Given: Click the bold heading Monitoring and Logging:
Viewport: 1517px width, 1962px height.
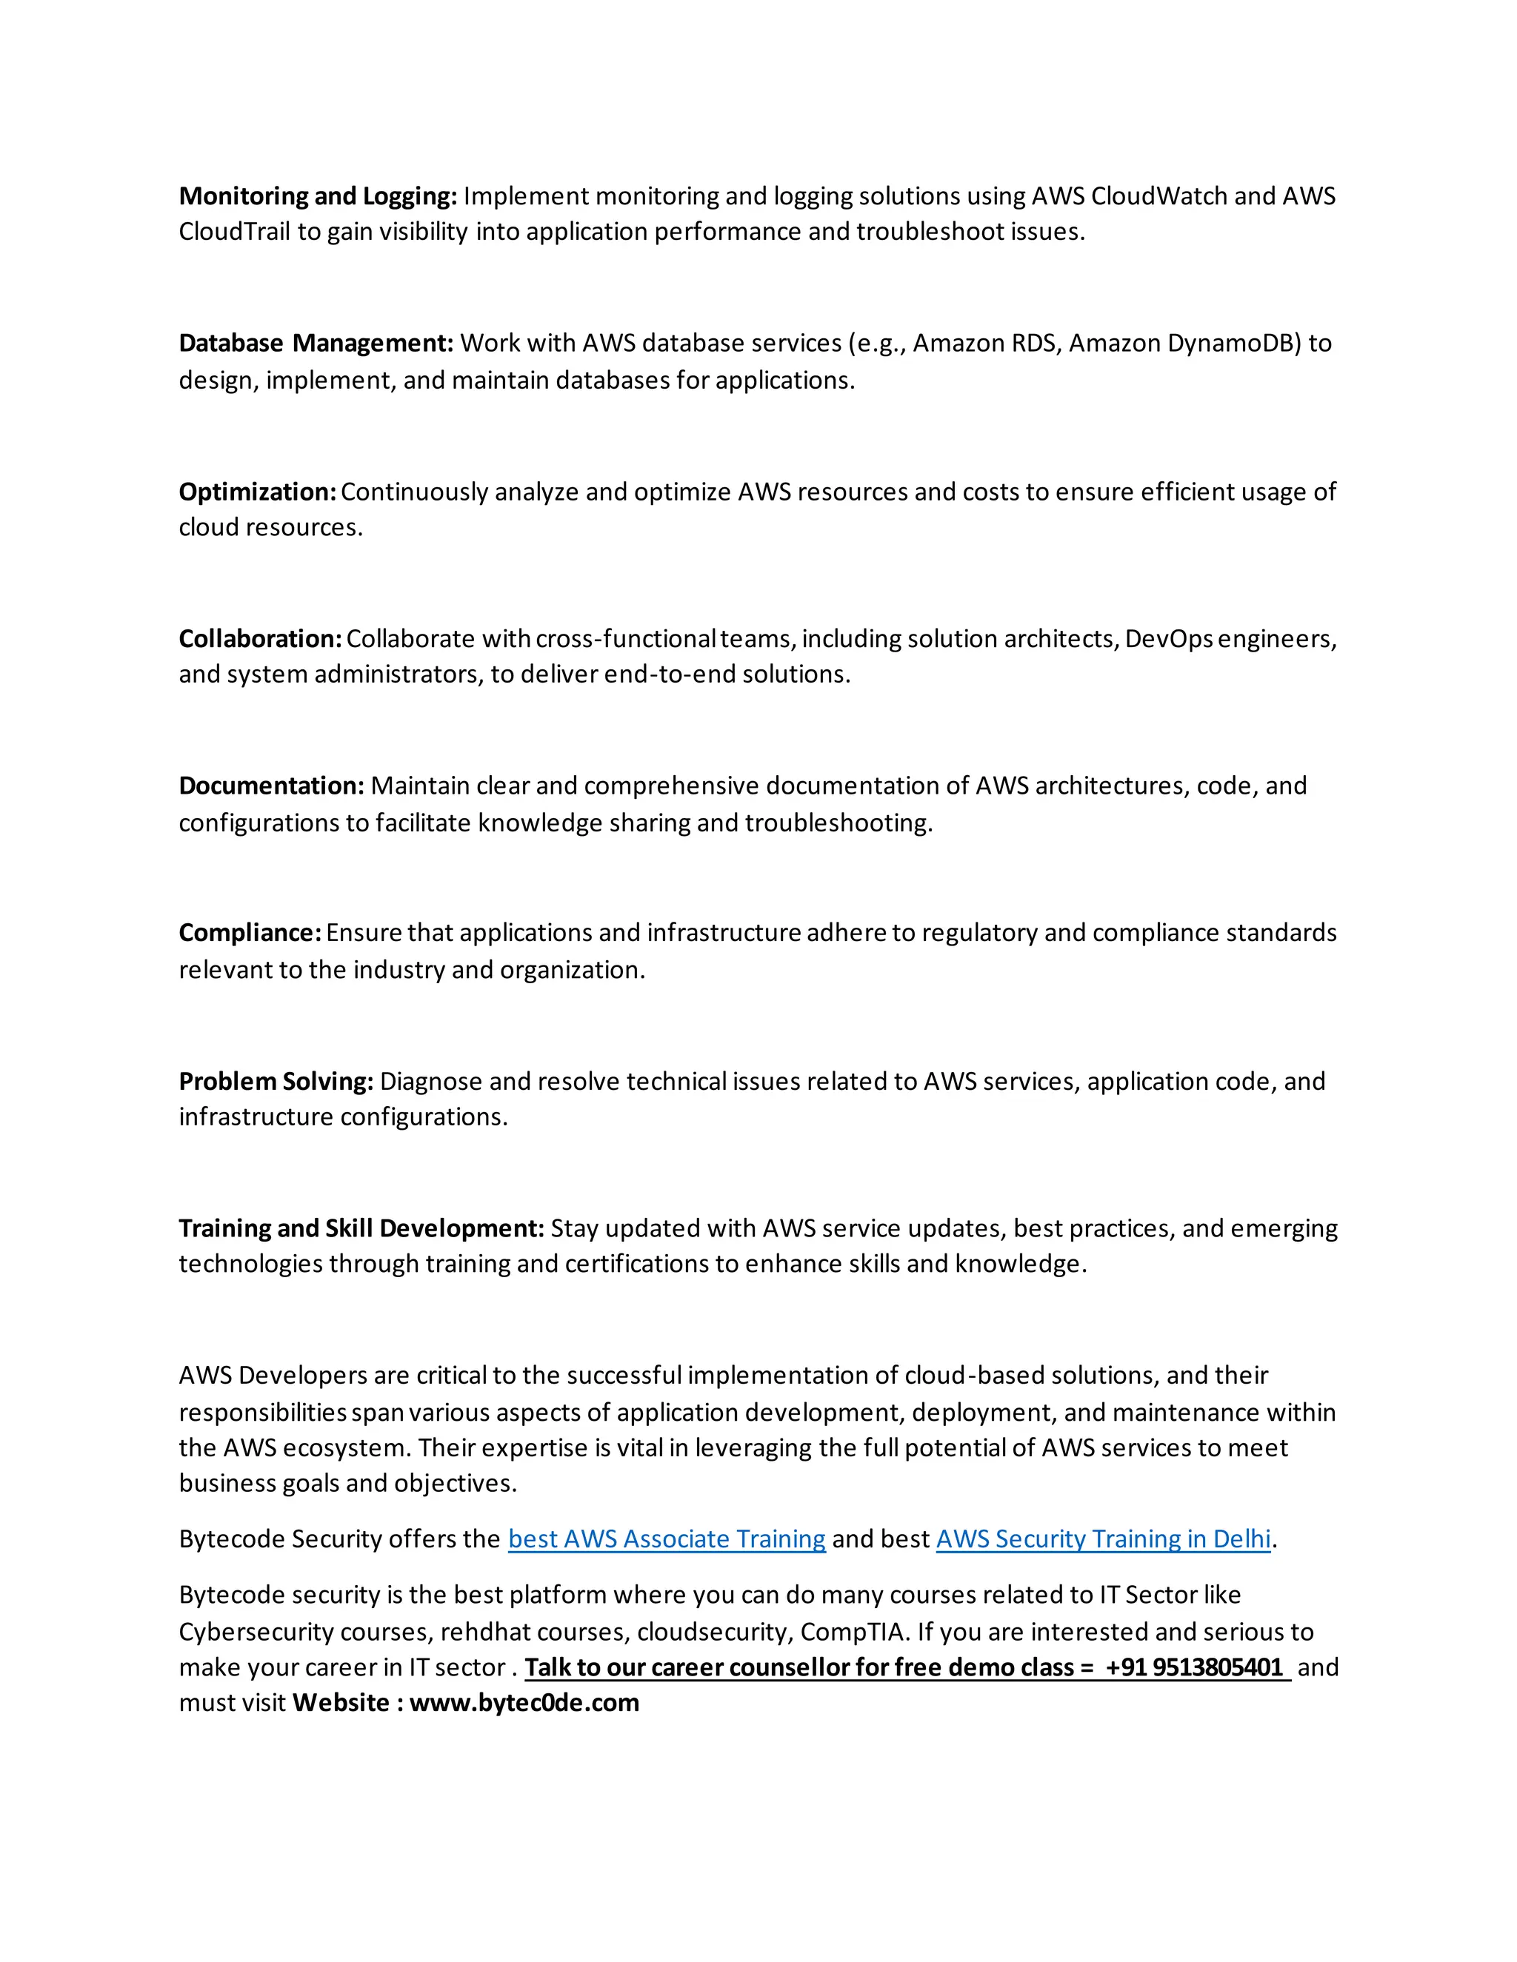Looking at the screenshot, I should (317, 196).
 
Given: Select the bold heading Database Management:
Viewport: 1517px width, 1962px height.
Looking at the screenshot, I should (316, 344).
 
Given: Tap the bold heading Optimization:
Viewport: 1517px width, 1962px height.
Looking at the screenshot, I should (257, 492).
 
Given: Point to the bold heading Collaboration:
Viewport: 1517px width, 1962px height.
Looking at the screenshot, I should (260, 639).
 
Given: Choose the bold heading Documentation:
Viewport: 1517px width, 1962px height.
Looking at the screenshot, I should (271, 786).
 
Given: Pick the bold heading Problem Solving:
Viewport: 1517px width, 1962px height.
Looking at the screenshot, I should (276, 1081).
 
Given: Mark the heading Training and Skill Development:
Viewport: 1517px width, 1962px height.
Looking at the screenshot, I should (361, 1228).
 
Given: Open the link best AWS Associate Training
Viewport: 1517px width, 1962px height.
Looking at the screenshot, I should (666, 1539).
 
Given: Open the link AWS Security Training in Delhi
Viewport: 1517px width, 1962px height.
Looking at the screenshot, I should (1103, 1539).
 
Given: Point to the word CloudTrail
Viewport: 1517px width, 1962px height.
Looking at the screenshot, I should (233, 232).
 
